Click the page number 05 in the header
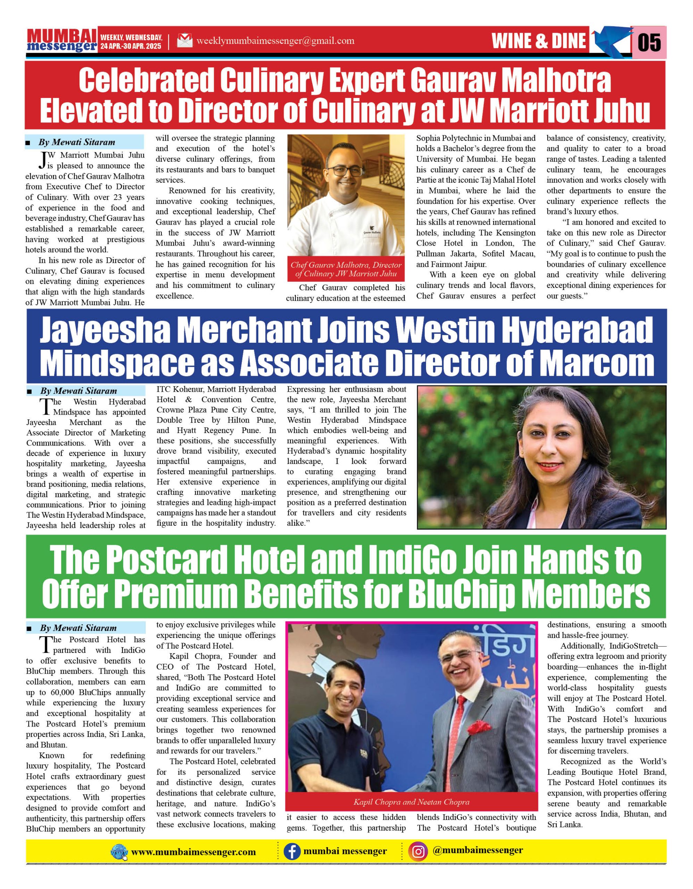pyautogui.click(x=649, y=42)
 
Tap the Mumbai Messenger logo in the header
pyautogui.click(x=62, y=40)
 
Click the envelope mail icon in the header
pyautogui.click(x=184, y=41)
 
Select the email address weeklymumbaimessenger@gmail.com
pyautogui.click(x=275, y=41)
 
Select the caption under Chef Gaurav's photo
pyautogui.click(x=346, y=269)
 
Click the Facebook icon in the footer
pyautogui.click(x=292, y=851)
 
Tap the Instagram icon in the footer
pyautogui.click(x=418, y=851)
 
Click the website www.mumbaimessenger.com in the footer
pyautogui.click(x=193, y=852)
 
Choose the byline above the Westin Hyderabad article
pyautogui.click(x=78, y=391)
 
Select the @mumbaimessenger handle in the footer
pyautogui.click(x=478, y=850)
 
